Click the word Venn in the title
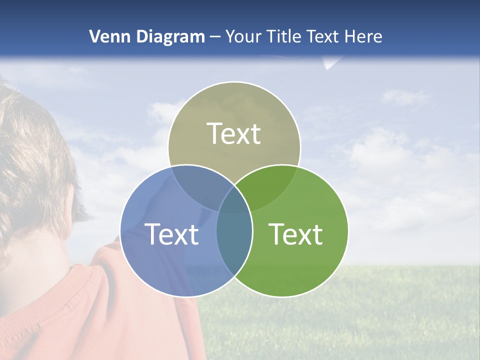(106, 36)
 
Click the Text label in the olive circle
(234, 133)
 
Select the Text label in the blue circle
(171, 234)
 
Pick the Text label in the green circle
(295, 234)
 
